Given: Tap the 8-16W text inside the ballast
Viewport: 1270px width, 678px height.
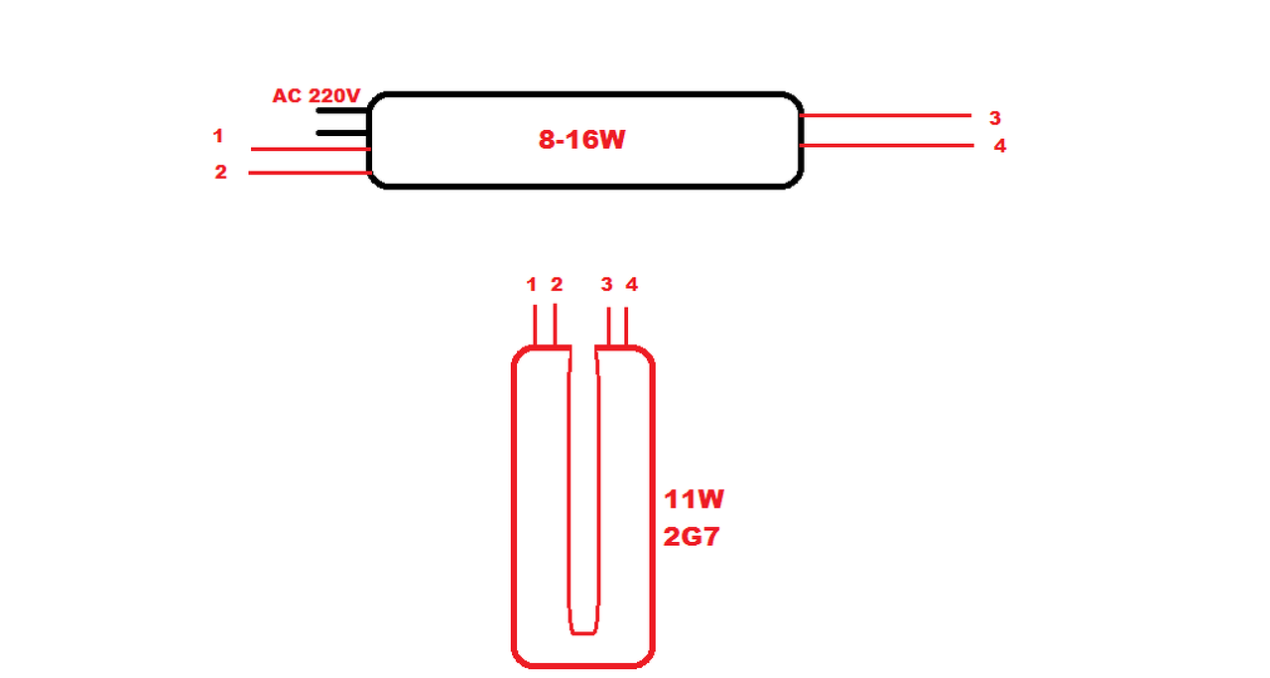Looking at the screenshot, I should coord(581,140).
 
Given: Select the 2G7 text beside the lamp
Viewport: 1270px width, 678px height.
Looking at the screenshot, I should coord(692,538).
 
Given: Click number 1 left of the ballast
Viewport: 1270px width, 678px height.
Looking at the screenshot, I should coord(218,136).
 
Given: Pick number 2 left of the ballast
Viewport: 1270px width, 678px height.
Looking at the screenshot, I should coord(220,172).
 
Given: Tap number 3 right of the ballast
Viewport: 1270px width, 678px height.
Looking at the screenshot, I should coord(994,118).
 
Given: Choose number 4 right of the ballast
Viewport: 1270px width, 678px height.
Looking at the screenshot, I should coord(999,146).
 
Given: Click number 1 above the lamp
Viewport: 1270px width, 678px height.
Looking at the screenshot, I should coord(532,285).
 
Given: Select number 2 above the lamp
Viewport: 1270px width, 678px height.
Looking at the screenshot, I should coord(557,285).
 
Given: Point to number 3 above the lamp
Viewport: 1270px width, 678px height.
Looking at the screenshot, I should coord(606,285).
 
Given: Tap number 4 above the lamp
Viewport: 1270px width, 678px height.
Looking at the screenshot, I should coord(631,285).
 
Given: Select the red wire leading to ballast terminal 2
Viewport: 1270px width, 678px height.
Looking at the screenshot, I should coord(308,173).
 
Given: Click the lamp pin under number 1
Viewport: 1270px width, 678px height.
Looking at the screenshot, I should coord(536,326).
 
